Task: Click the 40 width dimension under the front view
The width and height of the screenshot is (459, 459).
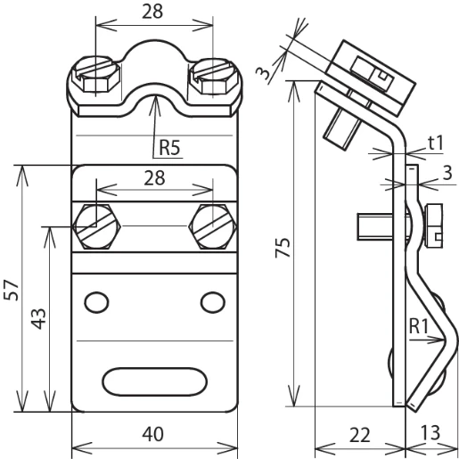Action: coord(154,434)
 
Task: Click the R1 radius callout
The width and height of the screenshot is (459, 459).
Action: coord(421,326)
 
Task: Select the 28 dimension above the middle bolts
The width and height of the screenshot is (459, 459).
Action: coord(154,177)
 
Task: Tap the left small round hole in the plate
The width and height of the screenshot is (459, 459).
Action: coord(94,303)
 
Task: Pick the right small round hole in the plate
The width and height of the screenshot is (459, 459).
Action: coord(212,303)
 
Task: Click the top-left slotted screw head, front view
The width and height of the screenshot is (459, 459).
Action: coord(93,75)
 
